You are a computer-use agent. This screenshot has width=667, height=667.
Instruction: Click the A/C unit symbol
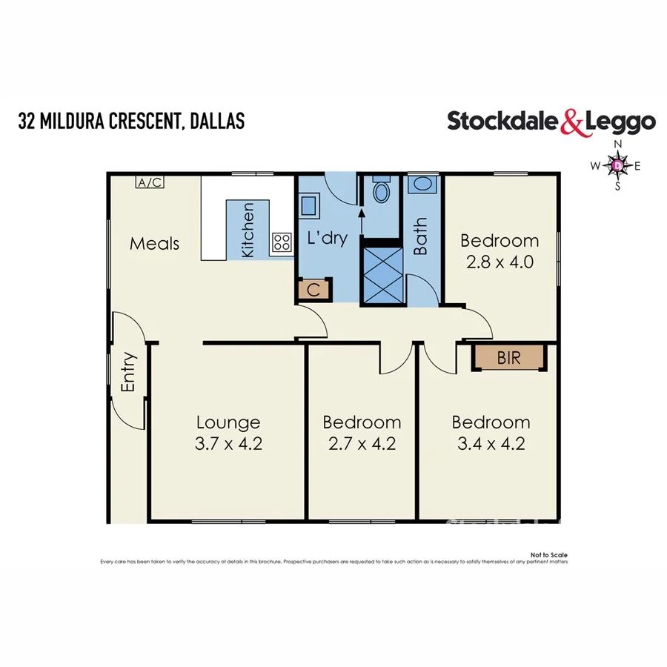[x=150, y=182]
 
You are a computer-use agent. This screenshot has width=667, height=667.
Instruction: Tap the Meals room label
[x=155, y=243]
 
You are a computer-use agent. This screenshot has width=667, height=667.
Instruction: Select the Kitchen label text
[x=248, y=230]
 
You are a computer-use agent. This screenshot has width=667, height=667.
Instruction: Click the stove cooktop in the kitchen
[x=282, y=241]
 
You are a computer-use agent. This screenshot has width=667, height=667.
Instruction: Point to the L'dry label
[x=327, y=239]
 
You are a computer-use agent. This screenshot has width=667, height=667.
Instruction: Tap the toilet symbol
[x=382, y=192]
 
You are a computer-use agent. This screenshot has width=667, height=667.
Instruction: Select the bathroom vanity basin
[x=422, y=185]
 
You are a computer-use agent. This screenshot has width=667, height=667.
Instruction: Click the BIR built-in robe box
[x=509, y=357]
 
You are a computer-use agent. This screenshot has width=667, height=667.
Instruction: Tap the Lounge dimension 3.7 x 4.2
[x=228, y=444]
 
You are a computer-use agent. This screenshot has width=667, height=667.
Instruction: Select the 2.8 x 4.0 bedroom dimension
[x=500, y=262]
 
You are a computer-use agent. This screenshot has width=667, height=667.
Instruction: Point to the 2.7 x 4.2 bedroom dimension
[x=362, y=444]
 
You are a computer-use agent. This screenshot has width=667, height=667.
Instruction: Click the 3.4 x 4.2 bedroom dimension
[x=491, y=444]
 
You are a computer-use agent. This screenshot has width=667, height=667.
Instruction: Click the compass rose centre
[x=617, y=166]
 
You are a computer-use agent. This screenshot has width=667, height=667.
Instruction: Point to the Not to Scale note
[x=548, y=554]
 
